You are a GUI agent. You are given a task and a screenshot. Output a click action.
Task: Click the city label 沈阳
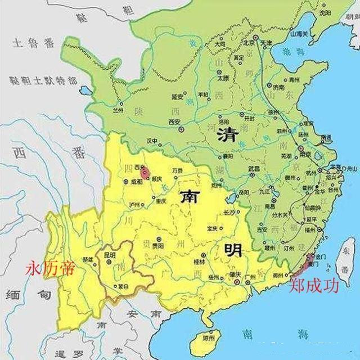click(x=323, y=12)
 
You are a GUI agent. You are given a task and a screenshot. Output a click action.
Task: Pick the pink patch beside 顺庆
click(x=145, y=173)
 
